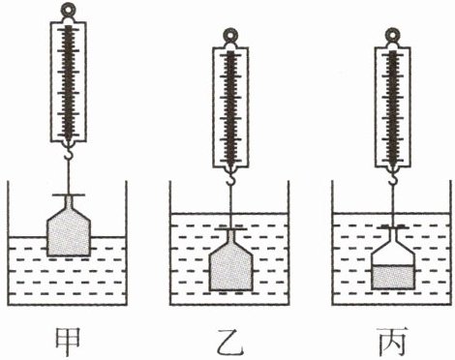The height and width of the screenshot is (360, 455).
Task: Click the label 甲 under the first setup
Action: [68, 342]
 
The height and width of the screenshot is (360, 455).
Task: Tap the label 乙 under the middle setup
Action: [229, 342]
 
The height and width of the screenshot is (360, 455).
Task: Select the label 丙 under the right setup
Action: [392, 342]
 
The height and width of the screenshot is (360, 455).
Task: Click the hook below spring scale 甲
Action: [68, 153]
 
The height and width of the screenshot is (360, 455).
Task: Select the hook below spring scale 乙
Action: [230, 179]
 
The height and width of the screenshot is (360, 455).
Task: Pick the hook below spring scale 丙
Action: [393, 179]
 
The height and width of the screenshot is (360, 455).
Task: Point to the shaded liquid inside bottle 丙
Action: [393, 277]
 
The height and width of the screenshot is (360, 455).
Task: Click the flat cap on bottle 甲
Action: [69, 195]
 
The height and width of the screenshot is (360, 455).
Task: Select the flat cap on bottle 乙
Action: [230, 229]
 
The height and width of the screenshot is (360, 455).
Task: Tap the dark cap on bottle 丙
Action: [393, 227]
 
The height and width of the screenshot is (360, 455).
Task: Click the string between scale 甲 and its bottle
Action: [68, 176]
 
